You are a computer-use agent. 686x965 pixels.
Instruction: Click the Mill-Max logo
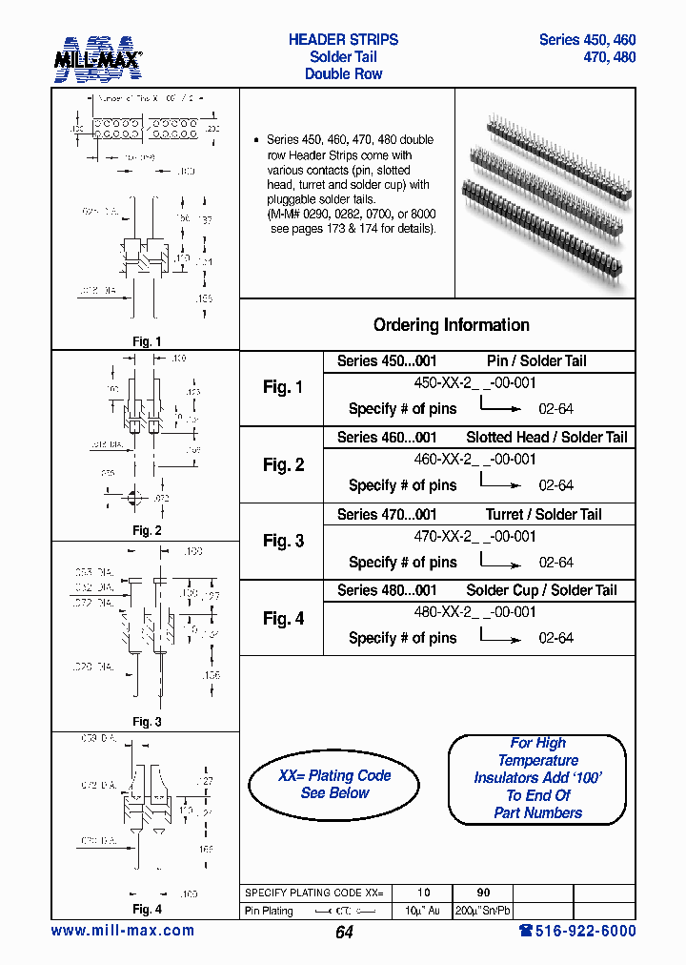98,59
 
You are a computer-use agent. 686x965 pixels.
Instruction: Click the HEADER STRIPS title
343,40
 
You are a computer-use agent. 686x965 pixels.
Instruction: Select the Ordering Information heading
451,325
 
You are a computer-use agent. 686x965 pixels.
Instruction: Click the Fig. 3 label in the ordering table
283,541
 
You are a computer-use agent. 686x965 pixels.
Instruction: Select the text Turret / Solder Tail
543,514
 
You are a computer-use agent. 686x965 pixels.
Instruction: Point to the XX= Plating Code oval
334,785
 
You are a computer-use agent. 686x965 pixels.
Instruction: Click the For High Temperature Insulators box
537,778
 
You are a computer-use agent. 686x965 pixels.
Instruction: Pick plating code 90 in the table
480,893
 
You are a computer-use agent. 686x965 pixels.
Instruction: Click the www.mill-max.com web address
122,931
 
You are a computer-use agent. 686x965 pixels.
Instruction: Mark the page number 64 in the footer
344,933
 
